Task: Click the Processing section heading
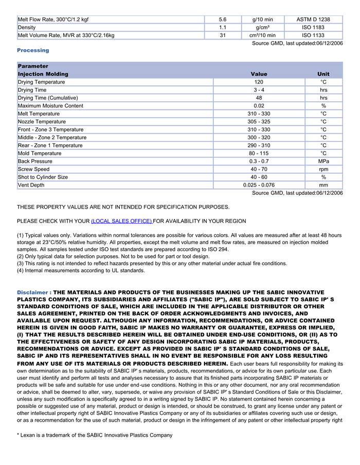tap(33, 50)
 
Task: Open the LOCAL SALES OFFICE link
tap(121, 221)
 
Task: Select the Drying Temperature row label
tap(41, 82)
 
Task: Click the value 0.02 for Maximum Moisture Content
tap(259, 106)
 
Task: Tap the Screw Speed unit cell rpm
tap(323, 169)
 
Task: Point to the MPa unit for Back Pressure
tap(323, 161)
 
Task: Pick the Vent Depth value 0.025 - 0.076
tap(259, 185)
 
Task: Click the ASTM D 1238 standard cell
tap(313, 20)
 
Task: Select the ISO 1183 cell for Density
tap(313, 27)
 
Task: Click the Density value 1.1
tap(223, 27)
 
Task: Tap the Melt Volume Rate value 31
tap(223, 35)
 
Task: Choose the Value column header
tap(259, 74)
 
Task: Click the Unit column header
tap(323, 74)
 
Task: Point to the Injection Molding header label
tap(43, 74)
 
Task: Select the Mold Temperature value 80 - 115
tap(259, 153)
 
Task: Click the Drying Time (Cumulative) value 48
tap(259, 98)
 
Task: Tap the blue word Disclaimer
tap(33, 292)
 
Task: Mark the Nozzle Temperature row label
tap(42, 122)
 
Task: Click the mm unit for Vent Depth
tap(323, 185)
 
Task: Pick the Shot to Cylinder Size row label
tap(43, 177)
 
